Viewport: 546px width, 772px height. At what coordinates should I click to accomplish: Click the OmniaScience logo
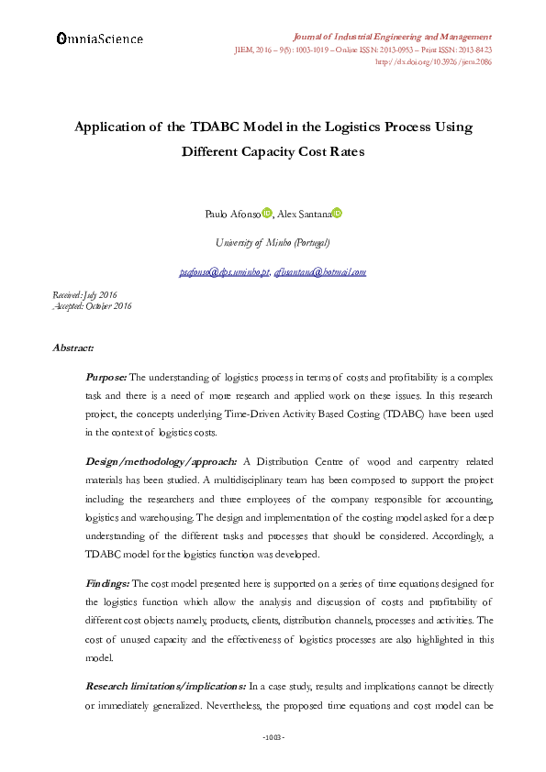point(100,39)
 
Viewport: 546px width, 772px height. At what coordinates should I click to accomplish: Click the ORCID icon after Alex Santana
point(337,213)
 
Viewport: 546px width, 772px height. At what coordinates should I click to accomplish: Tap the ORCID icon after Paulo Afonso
point(267,213)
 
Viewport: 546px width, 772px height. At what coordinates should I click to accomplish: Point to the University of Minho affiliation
point(273,243)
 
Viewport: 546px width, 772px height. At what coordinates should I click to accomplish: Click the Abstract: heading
point(74,348)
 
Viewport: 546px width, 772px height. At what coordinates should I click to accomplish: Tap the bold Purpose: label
point(106,377)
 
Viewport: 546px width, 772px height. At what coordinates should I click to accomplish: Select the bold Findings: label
point(108,583)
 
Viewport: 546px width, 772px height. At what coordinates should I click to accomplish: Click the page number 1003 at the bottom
point(273,737)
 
